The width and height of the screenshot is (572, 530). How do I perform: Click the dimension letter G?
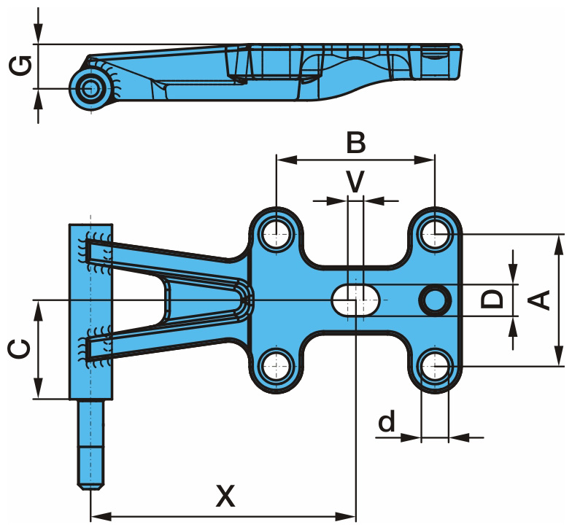pyautogui.click(x=21, y=66)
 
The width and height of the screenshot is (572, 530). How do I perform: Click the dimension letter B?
pyautogui.click(x=355, y=142)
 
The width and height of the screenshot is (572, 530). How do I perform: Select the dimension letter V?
pyautogui.click(x=355, y=182)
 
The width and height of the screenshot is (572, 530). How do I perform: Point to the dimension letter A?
pyautogui.click(x=539, y=300)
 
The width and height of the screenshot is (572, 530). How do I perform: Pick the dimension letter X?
pyautogui.click(x=226, y=496)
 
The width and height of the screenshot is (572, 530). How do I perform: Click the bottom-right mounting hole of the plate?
pyautogui.click(x=435, y=365)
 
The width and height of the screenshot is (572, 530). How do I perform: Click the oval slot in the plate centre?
pyautogui.click(x=355, y=300)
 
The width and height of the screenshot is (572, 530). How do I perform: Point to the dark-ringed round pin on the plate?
pyautogui.click(x=435, y=300)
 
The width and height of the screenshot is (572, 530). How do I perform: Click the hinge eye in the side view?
pyautogui.click(x=91, y=89)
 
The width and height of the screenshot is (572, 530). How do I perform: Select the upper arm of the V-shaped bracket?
pyautogui.click(x=168, y=259)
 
